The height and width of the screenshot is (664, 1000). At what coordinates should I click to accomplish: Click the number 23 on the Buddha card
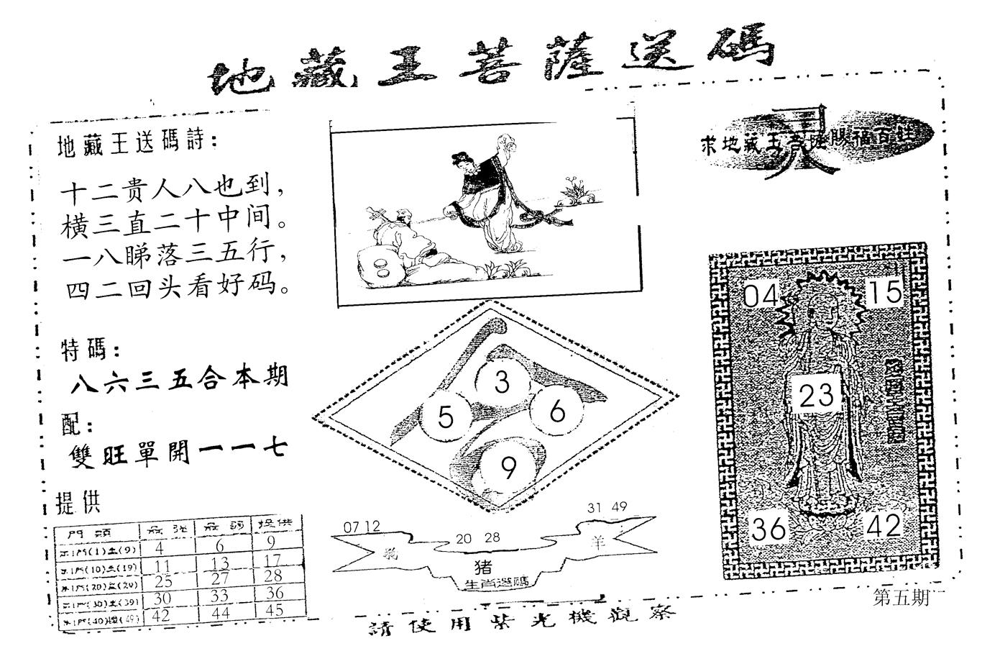pos(817,395)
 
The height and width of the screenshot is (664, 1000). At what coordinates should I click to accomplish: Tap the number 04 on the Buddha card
pos(760,294)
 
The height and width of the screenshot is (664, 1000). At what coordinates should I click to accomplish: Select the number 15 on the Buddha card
pos(884,292)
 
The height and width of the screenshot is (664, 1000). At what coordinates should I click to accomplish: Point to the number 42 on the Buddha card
pos(884,526)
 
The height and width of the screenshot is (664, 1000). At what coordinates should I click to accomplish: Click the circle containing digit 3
pos(502,382)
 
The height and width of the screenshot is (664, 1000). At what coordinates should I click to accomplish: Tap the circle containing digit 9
pos(508,469)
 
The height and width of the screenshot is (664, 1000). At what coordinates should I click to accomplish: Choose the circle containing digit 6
pos(557,411)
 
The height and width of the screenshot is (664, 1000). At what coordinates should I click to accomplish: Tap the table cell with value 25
pos(163,580)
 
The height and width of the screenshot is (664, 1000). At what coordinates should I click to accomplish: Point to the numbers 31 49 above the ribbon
pos(607,507)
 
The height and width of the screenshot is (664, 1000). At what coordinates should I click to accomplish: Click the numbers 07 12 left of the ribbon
pos(362,527)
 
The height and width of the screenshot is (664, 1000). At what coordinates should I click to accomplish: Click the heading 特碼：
pos(89,350)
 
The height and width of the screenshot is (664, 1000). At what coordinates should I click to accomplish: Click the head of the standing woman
pos(459,161)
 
